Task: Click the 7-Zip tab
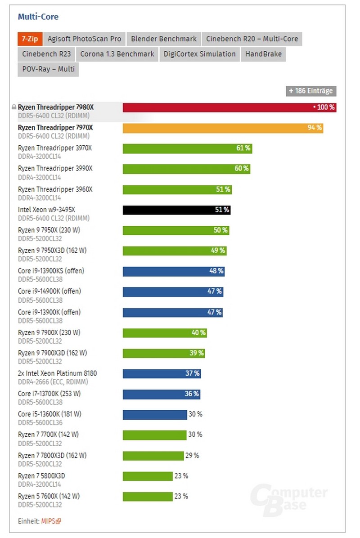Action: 30,39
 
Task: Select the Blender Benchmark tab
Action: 164,39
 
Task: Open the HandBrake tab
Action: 264,54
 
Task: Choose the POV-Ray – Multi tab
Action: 48,69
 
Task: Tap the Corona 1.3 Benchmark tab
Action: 117,54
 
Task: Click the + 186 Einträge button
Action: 310,91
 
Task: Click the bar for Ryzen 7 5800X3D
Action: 148,476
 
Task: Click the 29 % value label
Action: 192,456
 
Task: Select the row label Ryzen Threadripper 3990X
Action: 55,168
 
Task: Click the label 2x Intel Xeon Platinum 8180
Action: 57,373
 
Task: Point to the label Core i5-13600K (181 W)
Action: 49,414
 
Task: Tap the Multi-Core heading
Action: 38,17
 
